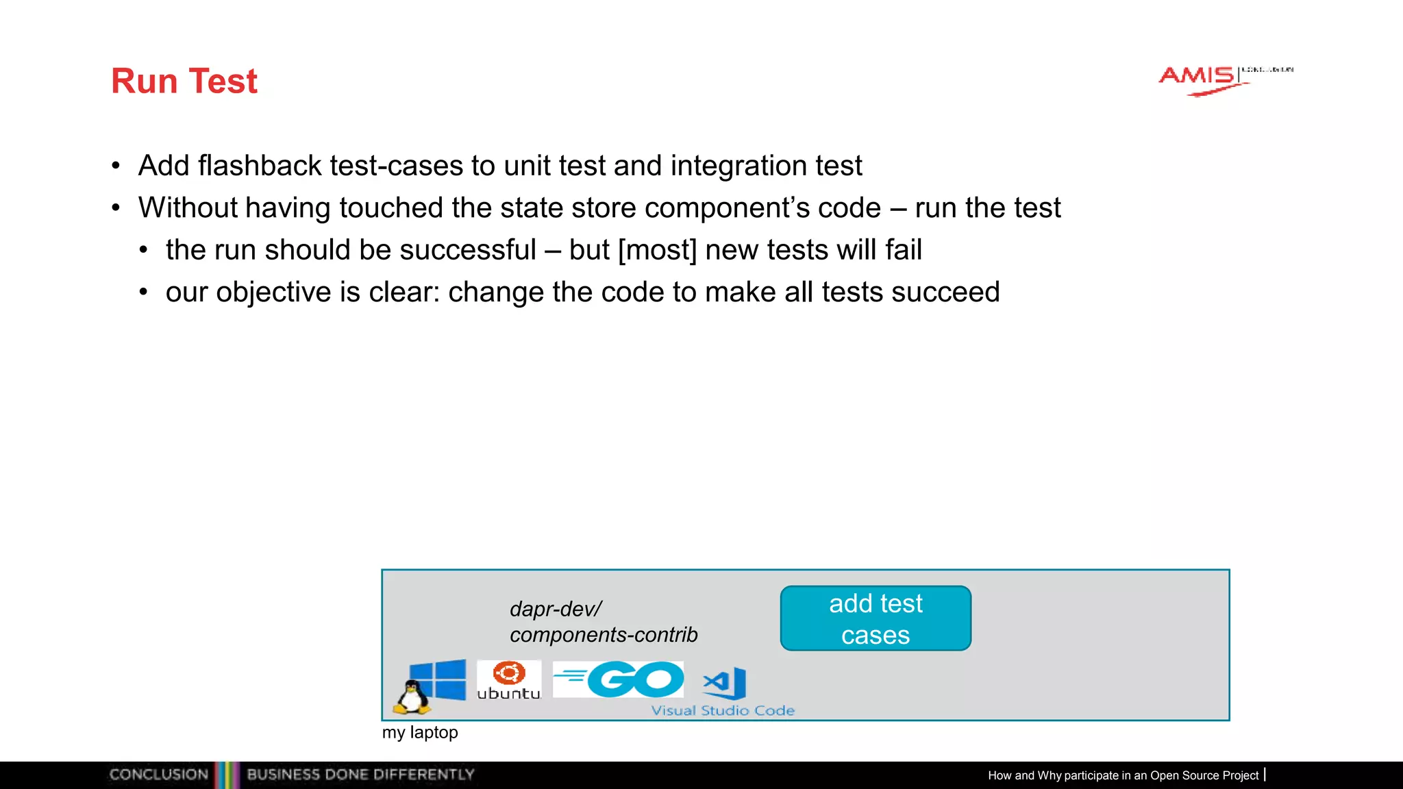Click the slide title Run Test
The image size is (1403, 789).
tap(184, 82)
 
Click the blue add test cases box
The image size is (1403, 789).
tap(876, 618)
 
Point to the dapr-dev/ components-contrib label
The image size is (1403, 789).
tap(603, 622)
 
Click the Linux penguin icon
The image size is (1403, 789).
tap(411, 697)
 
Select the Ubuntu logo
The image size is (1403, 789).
tap(509, 679)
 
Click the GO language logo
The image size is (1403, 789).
tap(619, 679)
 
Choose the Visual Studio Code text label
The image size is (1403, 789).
tap(723, 711)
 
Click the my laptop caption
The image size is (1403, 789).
tap(420, 733)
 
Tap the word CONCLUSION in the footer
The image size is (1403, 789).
tap(159, 775)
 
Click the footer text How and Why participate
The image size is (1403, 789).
tap(1123, 775)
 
